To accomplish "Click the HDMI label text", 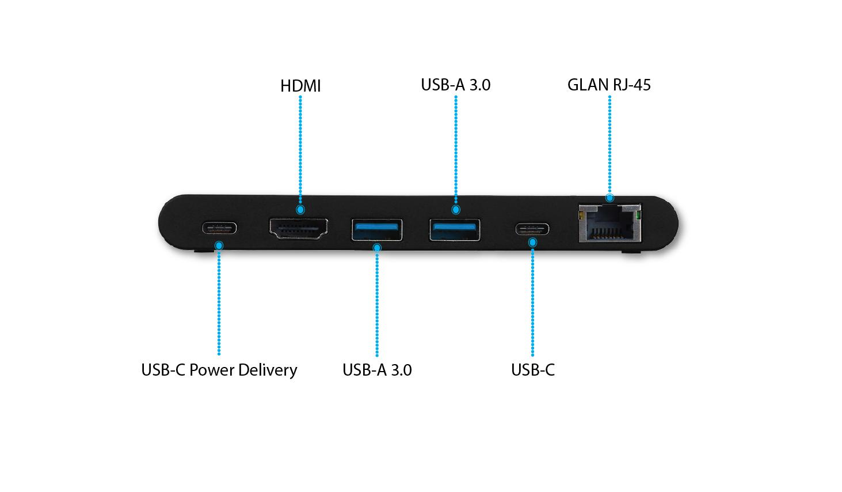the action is pos(300,86).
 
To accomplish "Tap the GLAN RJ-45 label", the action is pos(609,85).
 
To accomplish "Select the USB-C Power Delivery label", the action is pos(219,370).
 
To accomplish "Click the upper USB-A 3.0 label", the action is pos(456,85).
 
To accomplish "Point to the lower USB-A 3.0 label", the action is pos(377,370).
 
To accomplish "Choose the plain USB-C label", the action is pos(532,370).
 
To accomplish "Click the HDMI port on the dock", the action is pos(299,228).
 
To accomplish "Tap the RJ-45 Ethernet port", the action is pos(609,223).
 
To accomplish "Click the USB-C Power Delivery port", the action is pos(219,228).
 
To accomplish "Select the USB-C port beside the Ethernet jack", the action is pos(532,229).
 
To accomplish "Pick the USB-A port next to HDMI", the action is pos(376,230).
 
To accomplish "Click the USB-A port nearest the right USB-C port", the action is pos(455,230).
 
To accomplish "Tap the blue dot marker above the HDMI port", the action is pos(300,210).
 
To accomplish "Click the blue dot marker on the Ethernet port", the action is pos(609,198).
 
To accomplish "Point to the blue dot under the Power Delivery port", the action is pos(219,245).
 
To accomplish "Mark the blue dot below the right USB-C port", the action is pos(532,243).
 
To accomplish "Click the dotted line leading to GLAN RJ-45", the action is pos(609,145).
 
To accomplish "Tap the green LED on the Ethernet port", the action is pos(638,215).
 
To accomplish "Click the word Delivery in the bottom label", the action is pos(268,370).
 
